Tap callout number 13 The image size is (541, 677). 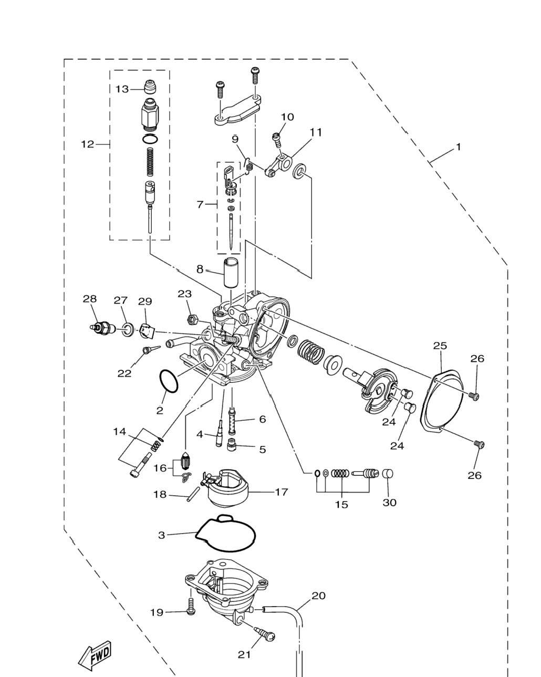(x=122, y=89)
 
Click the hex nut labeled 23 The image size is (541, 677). (x=192, y=320)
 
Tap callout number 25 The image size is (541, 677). (x=440, y=346)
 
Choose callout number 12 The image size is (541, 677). (x=88, y=144)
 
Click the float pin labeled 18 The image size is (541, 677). (x=193, y=494)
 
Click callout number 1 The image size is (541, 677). (x=458, y=147)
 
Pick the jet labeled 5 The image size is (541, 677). (x=231, y=446)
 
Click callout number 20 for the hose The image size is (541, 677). (x=318, y=596)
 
